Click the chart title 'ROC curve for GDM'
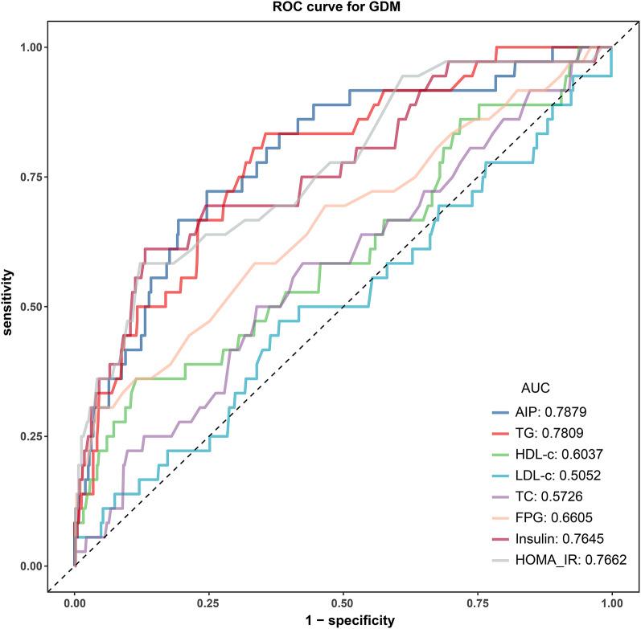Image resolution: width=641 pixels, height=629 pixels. (x=343, y=9)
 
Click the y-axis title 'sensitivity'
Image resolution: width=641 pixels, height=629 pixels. (x=10, y=306)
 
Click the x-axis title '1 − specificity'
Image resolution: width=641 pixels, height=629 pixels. (x=343, y=619)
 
